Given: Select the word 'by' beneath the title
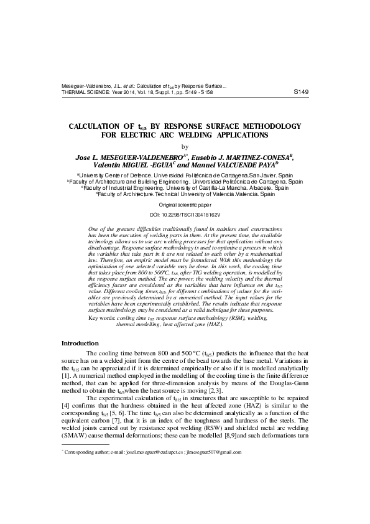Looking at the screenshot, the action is point(184,147).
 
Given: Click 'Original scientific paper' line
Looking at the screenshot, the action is point(185,205).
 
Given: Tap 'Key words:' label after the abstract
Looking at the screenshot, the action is point(102,318).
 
